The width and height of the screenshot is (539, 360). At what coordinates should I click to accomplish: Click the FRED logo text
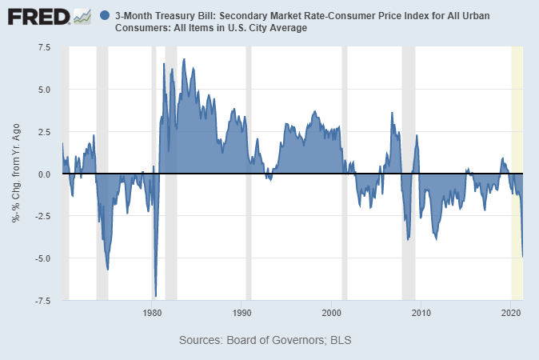pos(38,16)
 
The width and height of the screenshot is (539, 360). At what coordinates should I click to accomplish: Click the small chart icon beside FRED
pos(82,16)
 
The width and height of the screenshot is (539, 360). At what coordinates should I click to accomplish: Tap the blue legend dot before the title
pos(106,16)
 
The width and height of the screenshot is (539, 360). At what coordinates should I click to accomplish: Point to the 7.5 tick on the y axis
pos(43,47)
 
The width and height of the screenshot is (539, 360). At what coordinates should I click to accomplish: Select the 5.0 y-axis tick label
pos(43,90)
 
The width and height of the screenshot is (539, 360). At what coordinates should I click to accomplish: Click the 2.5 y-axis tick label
pos(43,132)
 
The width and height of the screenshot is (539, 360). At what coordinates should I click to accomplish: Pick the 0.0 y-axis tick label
pos(43,174)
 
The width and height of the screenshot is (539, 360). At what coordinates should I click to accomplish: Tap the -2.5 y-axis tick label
pos(42,216)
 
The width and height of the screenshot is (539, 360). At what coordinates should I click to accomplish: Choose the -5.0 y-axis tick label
pos(42,258)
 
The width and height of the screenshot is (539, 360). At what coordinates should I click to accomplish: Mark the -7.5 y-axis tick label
pos(42,301)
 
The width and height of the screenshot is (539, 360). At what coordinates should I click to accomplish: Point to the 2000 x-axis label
pos(332,312)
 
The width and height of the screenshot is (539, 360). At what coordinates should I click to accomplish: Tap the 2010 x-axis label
pos(421,312)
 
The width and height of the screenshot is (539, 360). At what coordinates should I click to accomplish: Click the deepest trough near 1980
pos(155,295)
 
